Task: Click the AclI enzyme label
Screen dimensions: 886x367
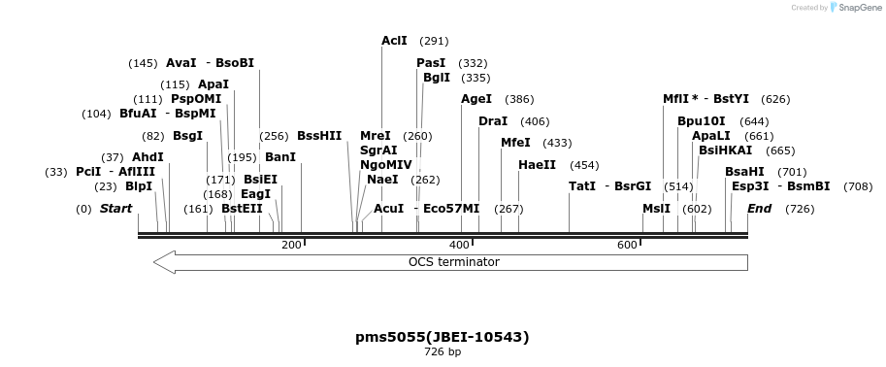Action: (x=394, y=41)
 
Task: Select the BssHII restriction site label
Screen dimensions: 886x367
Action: (x=319, y=136)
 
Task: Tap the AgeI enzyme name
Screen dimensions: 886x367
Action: (x=476, y=99)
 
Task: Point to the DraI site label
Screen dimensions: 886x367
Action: (x=493, y=121)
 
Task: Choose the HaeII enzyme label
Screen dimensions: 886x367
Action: (x=537, y=165)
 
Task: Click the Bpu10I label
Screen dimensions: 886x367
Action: (x=702, y=121)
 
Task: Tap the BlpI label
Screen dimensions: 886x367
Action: (x=139, y=186)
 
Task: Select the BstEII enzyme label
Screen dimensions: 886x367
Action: (x=242, y=209)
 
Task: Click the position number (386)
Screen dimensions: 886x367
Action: (x=519, y=100)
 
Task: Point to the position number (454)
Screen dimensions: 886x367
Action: (x=584, y=166)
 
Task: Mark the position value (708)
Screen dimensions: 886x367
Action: (x=858, y=186)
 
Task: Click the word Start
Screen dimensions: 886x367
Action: (x=115, y=209)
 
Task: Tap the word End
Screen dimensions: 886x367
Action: (x=759, y=209)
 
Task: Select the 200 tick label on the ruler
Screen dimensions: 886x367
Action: (x=291, y=245)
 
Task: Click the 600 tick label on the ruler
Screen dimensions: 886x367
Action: (x=627, y=245)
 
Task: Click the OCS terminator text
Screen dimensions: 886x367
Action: (x=454, y=262)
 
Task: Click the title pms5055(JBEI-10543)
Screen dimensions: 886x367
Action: (x=443, y=337)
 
